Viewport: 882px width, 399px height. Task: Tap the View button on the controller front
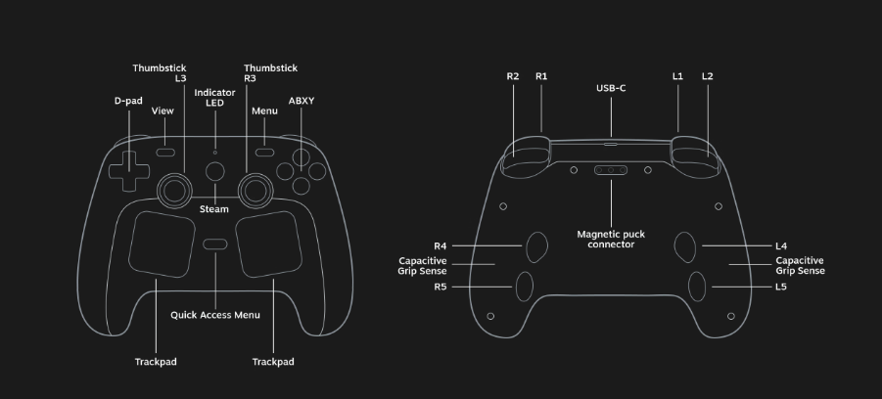tap(165, 153)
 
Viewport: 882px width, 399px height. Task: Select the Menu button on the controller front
tap(264, 153)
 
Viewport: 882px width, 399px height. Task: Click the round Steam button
tap(215, 171)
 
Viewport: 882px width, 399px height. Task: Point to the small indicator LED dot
tap(215, 153)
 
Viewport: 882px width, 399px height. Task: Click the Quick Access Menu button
tap(215, 244)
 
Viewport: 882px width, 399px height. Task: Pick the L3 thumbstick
tap(175, 191)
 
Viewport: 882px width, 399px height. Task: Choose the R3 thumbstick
tap(255, 191)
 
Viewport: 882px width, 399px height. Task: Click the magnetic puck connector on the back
tap(611, 170)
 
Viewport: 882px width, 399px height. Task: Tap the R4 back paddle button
tap(536, 246)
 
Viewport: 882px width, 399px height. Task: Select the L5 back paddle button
tap(697, 286)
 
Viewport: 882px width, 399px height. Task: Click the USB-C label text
tap(611, 88)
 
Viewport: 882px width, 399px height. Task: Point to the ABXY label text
tap(302, 101)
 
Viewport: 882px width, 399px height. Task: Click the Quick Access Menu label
tap(215, 315)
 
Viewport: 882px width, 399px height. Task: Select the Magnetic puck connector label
tap(611, 240)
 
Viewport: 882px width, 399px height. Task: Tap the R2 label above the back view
tap(512, 76)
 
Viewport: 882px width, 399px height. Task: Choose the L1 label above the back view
tap(677, 76)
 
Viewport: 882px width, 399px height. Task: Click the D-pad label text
tap(128, 101)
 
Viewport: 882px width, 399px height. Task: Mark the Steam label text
tap(214, 209)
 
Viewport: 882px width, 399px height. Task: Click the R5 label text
tap(440, 287)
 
